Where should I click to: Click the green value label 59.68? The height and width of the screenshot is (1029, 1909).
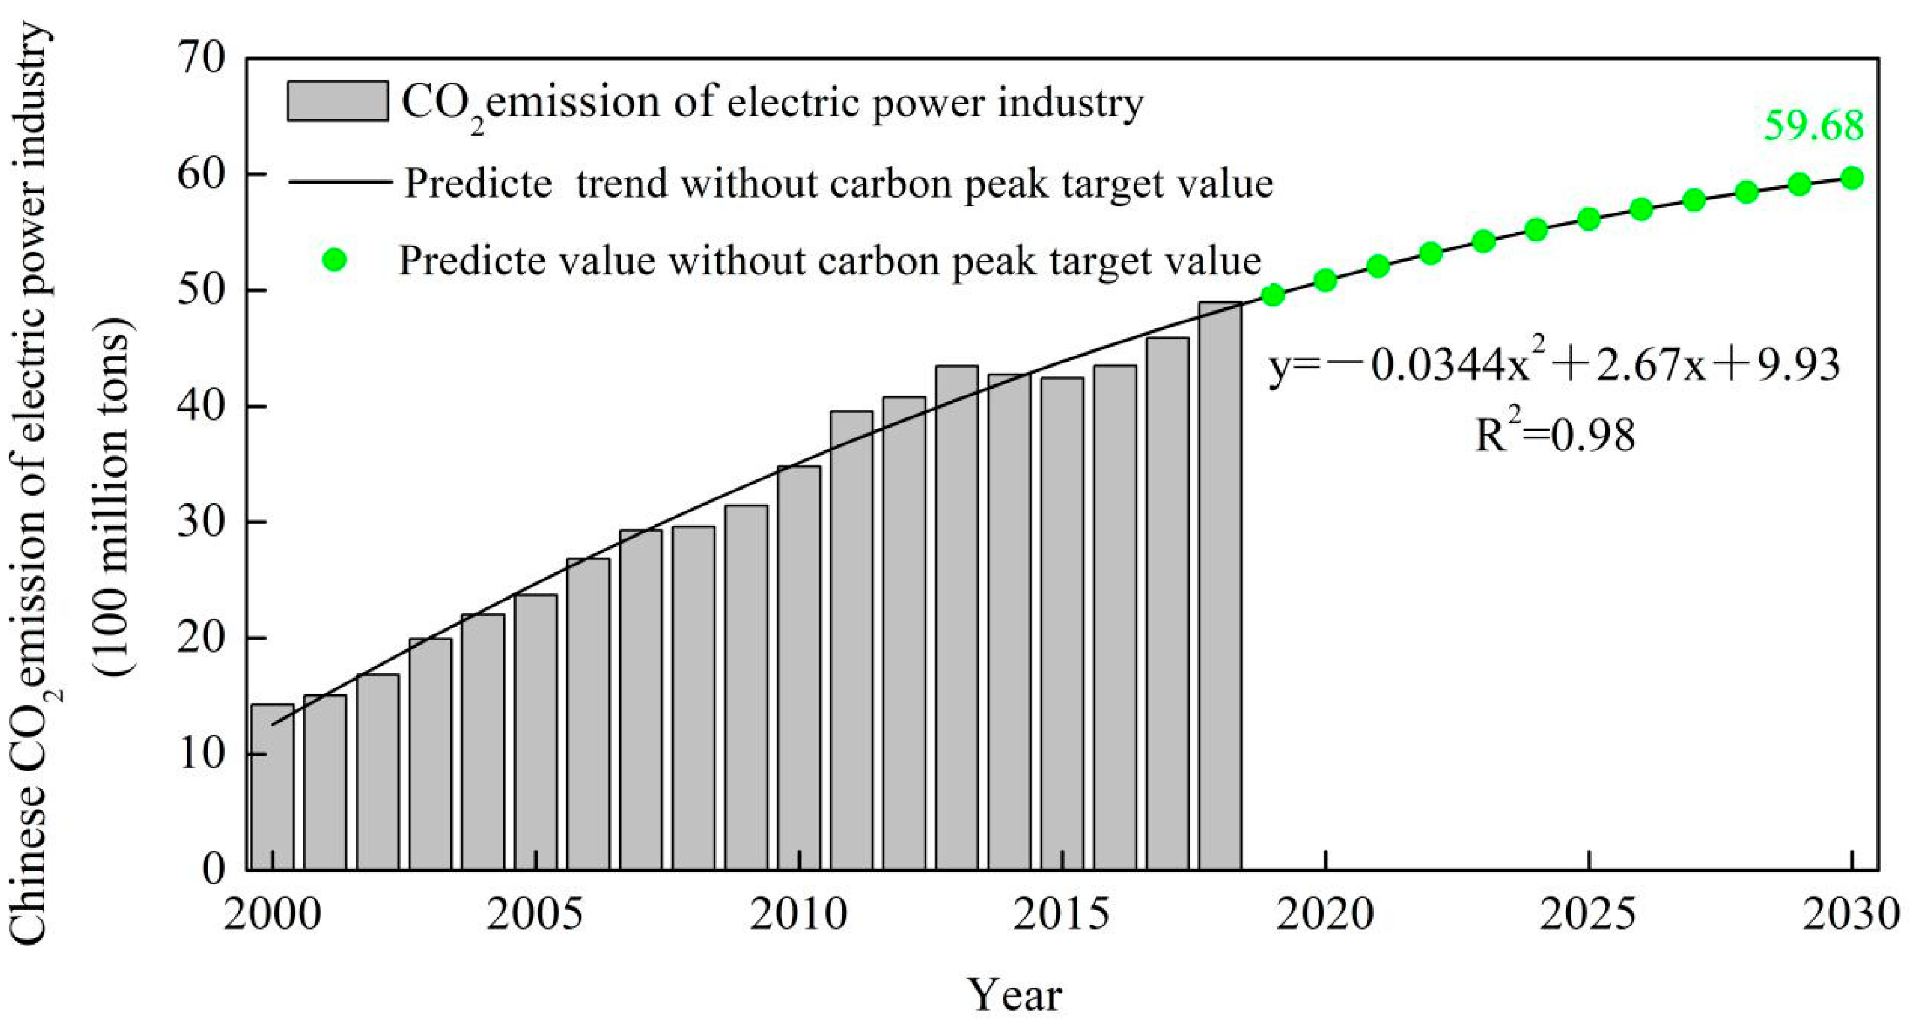pyautogui.click(x=1812, y=126)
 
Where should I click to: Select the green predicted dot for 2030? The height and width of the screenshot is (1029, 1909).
pyautogui.click(x=1851, y=178)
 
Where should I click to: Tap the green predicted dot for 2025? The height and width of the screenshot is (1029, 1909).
pyautogui.click(x=1588, y=219)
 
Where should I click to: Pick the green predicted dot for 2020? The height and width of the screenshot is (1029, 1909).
pyautogui.click(x=1325, y=280)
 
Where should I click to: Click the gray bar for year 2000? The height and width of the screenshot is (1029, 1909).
pyautogui.click(x=273, y=787)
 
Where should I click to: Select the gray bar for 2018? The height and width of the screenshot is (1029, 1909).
pyautogui.click(x=1220, y=585)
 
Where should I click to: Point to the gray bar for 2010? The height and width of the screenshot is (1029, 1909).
pyautogui.click(x=799, y=667)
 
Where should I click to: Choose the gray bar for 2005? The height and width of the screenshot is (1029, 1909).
pyautogui.click(x=536, y=731)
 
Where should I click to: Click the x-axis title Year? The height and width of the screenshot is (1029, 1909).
pyautogui.click(x=1014, y=995)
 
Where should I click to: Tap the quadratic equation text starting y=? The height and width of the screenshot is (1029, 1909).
pyautogui.click(x=1553, y=365)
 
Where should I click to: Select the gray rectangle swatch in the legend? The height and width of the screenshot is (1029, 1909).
pyautogui.click(x=337, y=101)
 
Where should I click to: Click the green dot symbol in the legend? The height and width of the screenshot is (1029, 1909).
pyautogui.click(x=335, y=260)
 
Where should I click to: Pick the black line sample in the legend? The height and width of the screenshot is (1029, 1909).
pyautogui.click(x=340, y=182)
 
